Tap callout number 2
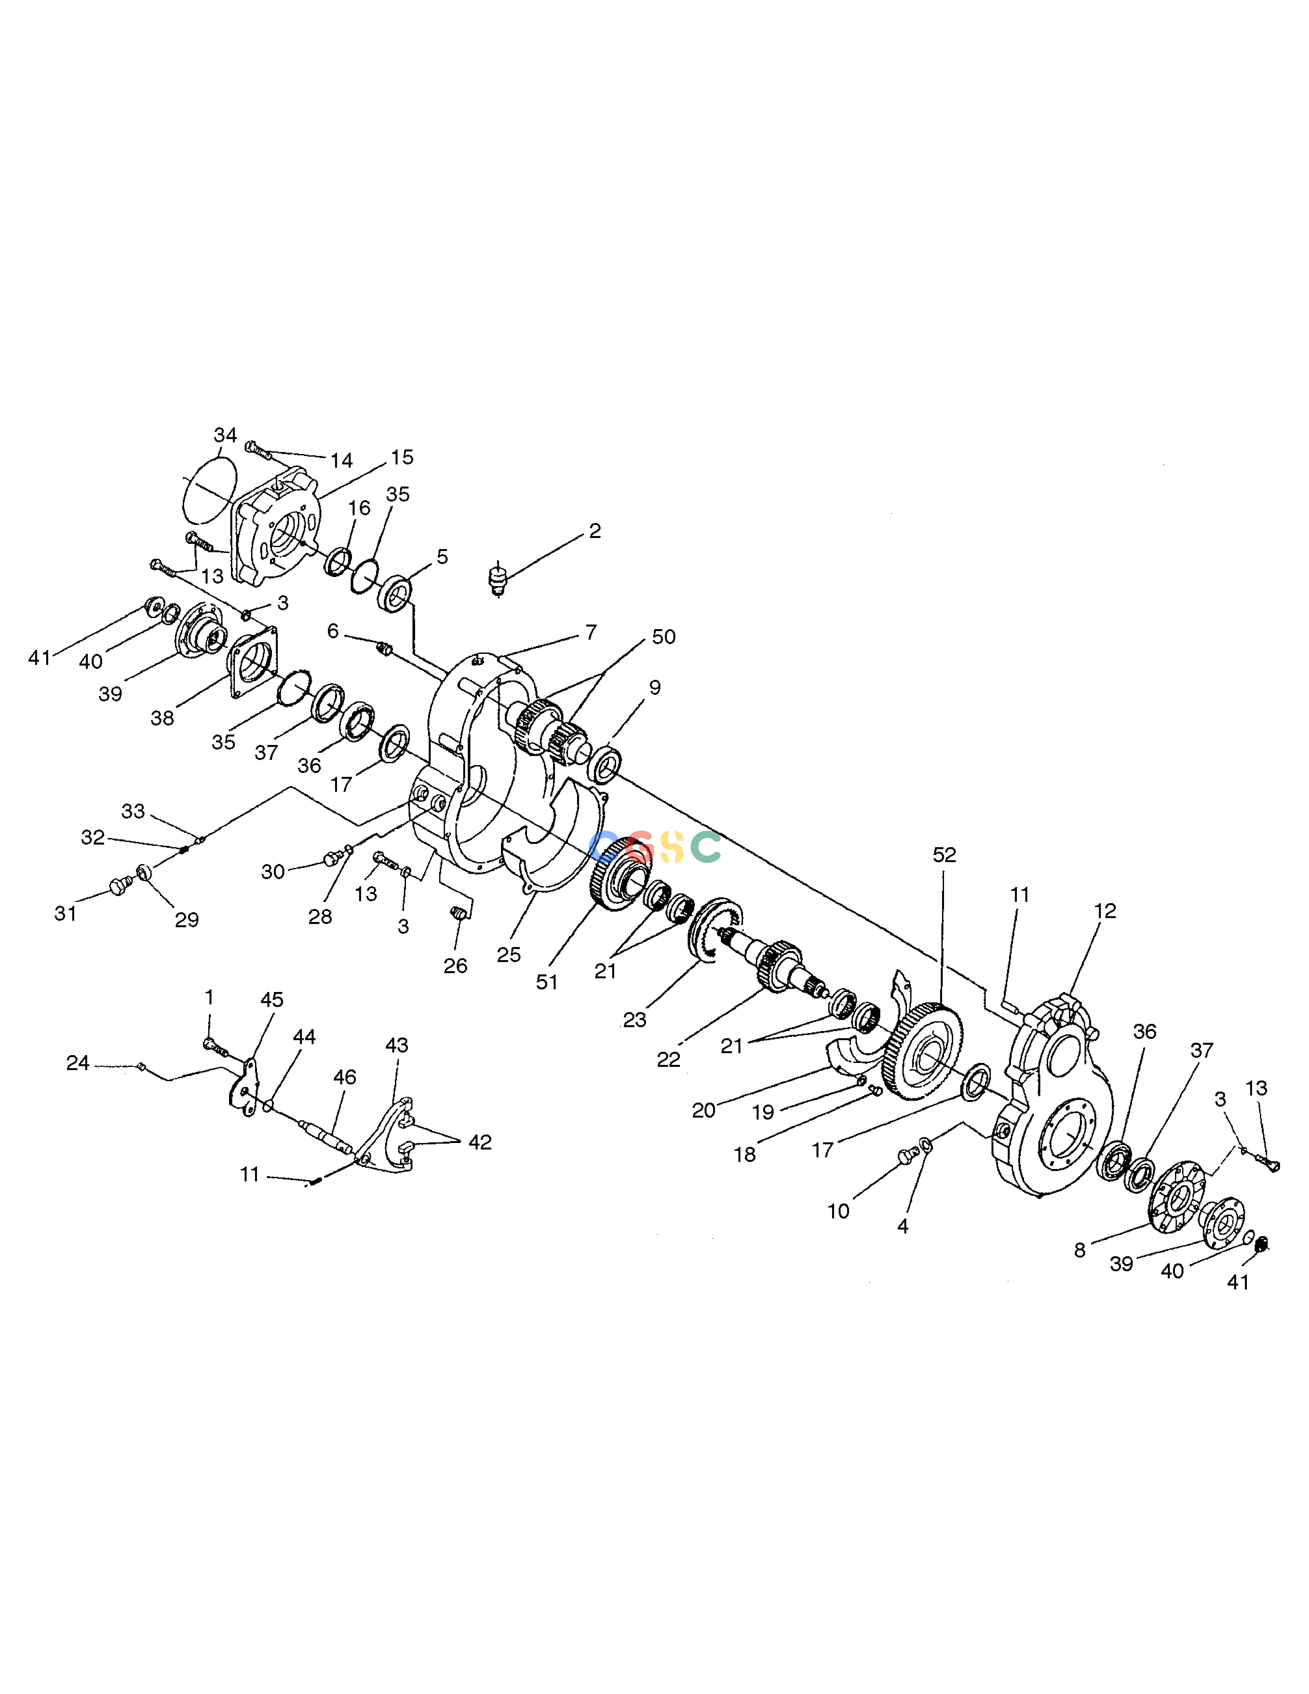click(x=595, y=531)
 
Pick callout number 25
click(x=509, y=955)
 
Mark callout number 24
click(x=77, y=1063)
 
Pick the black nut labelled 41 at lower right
click(x=1261, y=1244)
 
